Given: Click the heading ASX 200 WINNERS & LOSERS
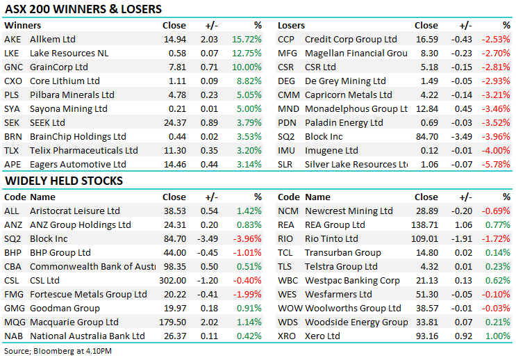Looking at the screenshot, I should pyautogui.click(x=83, y=10).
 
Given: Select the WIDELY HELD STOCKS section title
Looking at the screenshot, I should pyautogui.click(x=64, y=181).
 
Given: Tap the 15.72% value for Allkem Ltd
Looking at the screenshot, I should pyautogui.click(x=247, y=40).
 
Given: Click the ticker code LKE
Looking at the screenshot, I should pyautogui.click(x=12, y=54).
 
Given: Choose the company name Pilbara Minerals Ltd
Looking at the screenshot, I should pyautogui.click(x=72, y=95).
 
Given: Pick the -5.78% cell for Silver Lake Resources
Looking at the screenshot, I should pyautogui.click(x=497, y=165).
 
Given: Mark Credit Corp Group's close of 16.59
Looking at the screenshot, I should pyautogui.click(x=426, y=40).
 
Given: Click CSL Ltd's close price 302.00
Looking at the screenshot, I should pyautogui.click(x=171, y=280).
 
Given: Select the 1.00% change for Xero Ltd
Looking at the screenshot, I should pyautogui.click(x=499, y=336).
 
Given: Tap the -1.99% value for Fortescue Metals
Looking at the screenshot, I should pyautogui.click(x=248, y=294).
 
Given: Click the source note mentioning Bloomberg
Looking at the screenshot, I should pyautogui.click(x=58, y=352).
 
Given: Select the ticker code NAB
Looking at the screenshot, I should pyautogui.click(x=13, y=336).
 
